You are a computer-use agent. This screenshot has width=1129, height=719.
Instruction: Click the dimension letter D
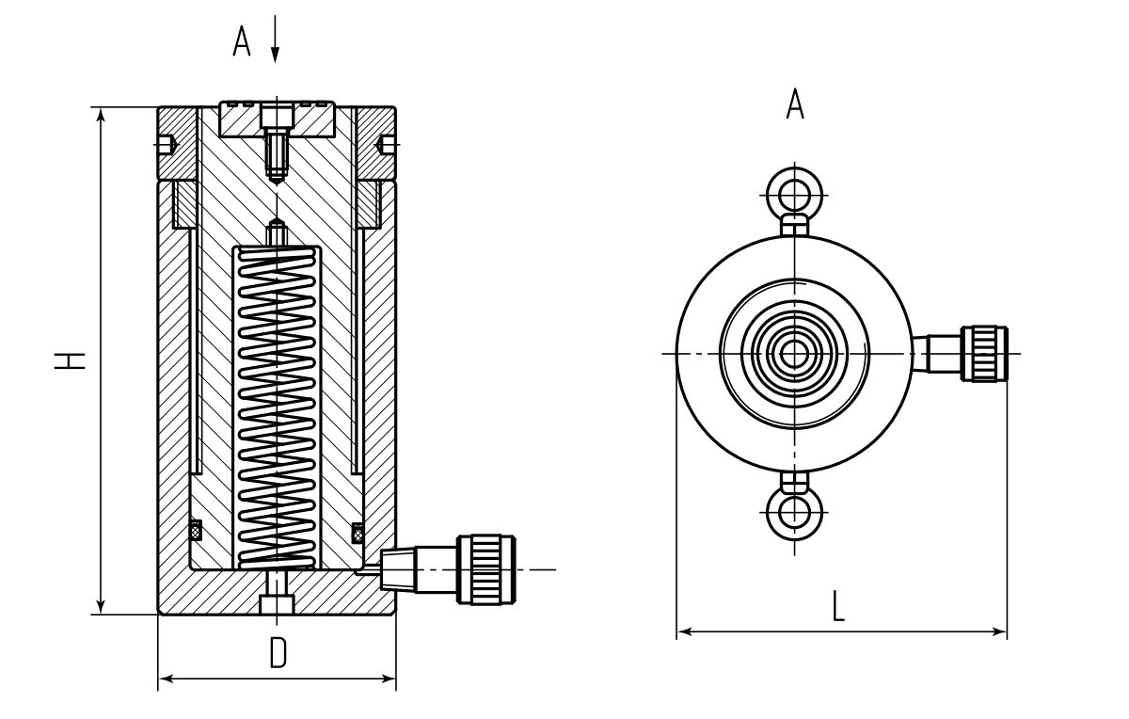point(278,652)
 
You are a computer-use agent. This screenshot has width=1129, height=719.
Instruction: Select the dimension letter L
point(838,606)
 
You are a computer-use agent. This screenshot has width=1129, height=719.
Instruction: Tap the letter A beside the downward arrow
point(243,41)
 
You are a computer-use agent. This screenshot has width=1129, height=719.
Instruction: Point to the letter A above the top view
point(795,104)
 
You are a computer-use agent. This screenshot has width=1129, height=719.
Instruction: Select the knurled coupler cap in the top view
point(984,353)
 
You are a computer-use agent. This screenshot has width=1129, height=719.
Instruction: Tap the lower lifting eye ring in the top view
point(796,513)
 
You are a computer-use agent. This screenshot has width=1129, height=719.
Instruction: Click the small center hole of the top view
point(796,354)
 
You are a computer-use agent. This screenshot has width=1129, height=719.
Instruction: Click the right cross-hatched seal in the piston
point(358,533)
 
